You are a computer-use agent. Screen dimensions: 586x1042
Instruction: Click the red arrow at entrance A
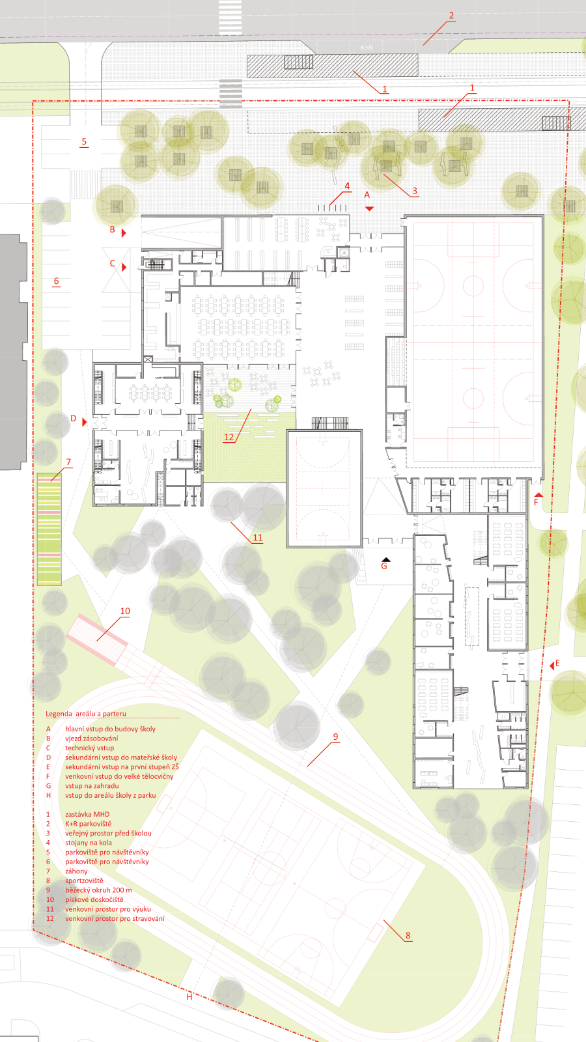tap(369, 208)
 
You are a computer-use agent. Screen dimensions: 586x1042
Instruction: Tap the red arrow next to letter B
tap(124, 232)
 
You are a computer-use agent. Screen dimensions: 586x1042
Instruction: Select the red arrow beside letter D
tap(85, 422)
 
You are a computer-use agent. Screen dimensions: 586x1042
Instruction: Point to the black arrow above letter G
tap(386, 559)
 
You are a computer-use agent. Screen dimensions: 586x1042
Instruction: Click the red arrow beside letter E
tap(552, 666)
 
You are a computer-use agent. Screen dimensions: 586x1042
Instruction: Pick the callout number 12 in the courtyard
tap(229, 437)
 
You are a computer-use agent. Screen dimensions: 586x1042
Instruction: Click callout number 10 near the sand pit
tap(125, 611)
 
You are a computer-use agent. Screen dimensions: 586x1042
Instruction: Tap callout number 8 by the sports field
tap(408, 935)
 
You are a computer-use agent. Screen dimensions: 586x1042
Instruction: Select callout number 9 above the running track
tap(335, 737)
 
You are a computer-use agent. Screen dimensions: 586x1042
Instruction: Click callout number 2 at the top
tap(451, 16)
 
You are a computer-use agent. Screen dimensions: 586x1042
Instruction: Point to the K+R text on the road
tap(367, 48)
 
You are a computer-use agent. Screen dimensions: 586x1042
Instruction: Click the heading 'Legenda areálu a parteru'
tap(85, 714)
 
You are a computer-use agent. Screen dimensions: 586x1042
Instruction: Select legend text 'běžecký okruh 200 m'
tap(98, 890)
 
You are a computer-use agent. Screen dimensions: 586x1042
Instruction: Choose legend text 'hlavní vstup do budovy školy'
tap(110, 729)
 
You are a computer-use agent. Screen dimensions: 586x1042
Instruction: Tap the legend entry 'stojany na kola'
tap(89, 843)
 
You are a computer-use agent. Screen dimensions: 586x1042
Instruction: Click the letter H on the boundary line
tap(189, 997)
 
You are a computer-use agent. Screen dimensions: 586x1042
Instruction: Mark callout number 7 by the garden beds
tap(68, 462)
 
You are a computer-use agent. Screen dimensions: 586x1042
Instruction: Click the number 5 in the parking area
tap(84, 141)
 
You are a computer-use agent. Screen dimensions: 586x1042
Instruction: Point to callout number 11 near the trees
tap(258, 537)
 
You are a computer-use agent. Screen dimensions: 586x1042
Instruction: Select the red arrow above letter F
tap(538, 494)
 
